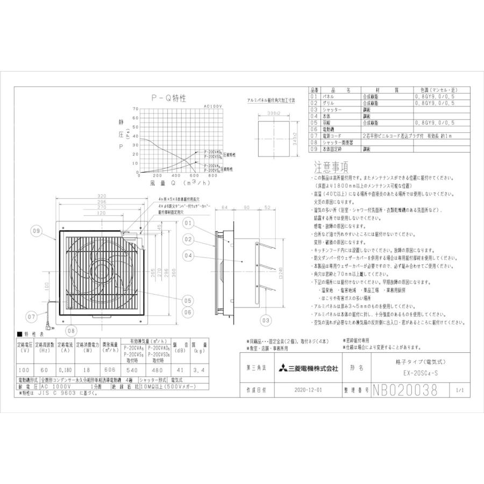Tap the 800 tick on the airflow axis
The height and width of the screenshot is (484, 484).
pyautogui.click(x=213, y=176)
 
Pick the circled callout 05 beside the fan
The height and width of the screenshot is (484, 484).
pyautogui.click(x=188, y=300)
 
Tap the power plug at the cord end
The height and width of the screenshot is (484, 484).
pyautogui.click(x=48, y=326)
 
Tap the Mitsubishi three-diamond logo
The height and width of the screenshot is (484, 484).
pyautogui.click(x=283, y=368)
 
